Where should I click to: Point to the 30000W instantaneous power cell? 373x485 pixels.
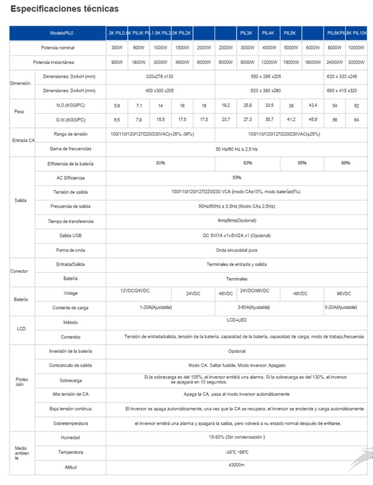coord(357,62)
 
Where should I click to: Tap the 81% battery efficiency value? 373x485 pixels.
coord(160,163)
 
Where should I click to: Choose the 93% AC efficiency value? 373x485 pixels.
coord(237,178)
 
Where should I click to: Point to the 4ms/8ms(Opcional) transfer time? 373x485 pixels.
coord(237,221)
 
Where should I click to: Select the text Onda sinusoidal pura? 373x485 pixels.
coord(237,250)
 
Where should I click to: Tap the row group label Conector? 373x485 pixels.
coord(19,271)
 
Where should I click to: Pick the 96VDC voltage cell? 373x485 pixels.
coord(343,294)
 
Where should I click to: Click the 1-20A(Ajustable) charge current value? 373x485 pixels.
coord(154,307)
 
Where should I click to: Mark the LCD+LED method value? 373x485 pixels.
coord(237,321)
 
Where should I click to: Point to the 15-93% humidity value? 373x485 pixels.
coord(237,438)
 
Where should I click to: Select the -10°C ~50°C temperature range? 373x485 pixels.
coord(237,452)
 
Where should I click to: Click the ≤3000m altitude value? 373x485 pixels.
coord(237,466)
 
